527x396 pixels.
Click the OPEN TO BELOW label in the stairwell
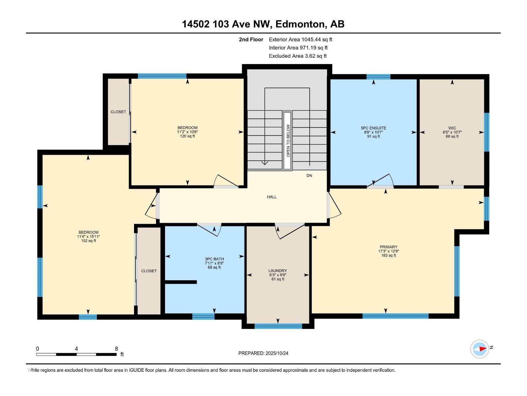pyautogui.click(x=288, y=140)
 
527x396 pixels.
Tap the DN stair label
pyautogui.click(x=309, y=176)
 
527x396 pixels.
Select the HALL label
pyautogui.click(x=272, y=197)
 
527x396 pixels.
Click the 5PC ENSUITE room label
pyautogui.click(x=373, y=128)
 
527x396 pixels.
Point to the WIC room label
pyautogui.click(x=452, y=128)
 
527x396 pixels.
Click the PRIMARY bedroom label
pyautogui.click(x=388, y=247)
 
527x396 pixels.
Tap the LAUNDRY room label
pyautogui.click(x=278, y=271)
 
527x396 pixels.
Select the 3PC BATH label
pyautogui.click(x=214, y=259)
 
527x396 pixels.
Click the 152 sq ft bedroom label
pyautogui.click(x=88, y=236)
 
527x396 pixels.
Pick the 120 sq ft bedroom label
pyautogui.click(x=187, y=132)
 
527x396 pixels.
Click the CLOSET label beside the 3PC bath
pyautogui.click(x=149, y=271)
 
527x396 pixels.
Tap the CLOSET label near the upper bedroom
pyautogui.click(x=118, y=112)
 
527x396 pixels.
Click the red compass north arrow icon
pyautogui.click(x=482, y=349)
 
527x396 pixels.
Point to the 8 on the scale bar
pyautogui.click(x=116, y=349)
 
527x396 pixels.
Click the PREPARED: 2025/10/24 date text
pyautogui.click(x=263, y=353)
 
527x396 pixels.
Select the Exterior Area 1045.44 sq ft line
pyautogui.click(x=300, y=40)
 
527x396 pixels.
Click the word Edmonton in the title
pyautogui.click(x=300, y=24)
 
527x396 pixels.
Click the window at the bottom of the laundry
pyautogui.click(x=278, y=326)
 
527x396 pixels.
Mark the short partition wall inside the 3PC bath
pyautogui.click(x=180, y=282)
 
